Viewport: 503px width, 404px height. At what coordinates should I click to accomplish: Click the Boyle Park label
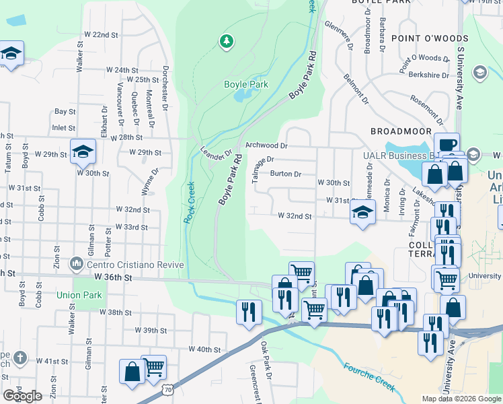tap(246, 84)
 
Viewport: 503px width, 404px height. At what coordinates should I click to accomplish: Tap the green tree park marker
tap(227, 42)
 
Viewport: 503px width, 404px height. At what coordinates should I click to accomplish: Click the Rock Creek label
tap(189, 203)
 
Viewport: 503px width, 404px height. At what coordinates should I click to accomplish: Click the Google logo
tap(22, 396)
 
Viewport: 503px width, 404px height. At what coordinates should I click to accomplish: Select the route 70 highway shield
tap(167, 389)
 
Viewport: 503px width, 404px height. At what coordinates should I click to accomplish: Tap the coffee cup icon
tap(446, 145)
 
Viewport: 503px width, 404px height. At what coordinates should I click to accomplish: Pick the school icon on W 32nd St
tap(362, 213)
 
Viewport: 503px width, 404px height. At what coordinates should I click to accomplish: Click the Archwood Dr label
tap(266, 145)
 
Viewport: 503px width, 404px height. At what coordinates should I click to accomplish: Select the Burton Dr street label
tap(285, 173)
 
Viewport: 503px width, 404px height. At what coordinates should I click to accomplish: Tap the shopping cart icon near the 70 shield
tap(154, 367)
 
